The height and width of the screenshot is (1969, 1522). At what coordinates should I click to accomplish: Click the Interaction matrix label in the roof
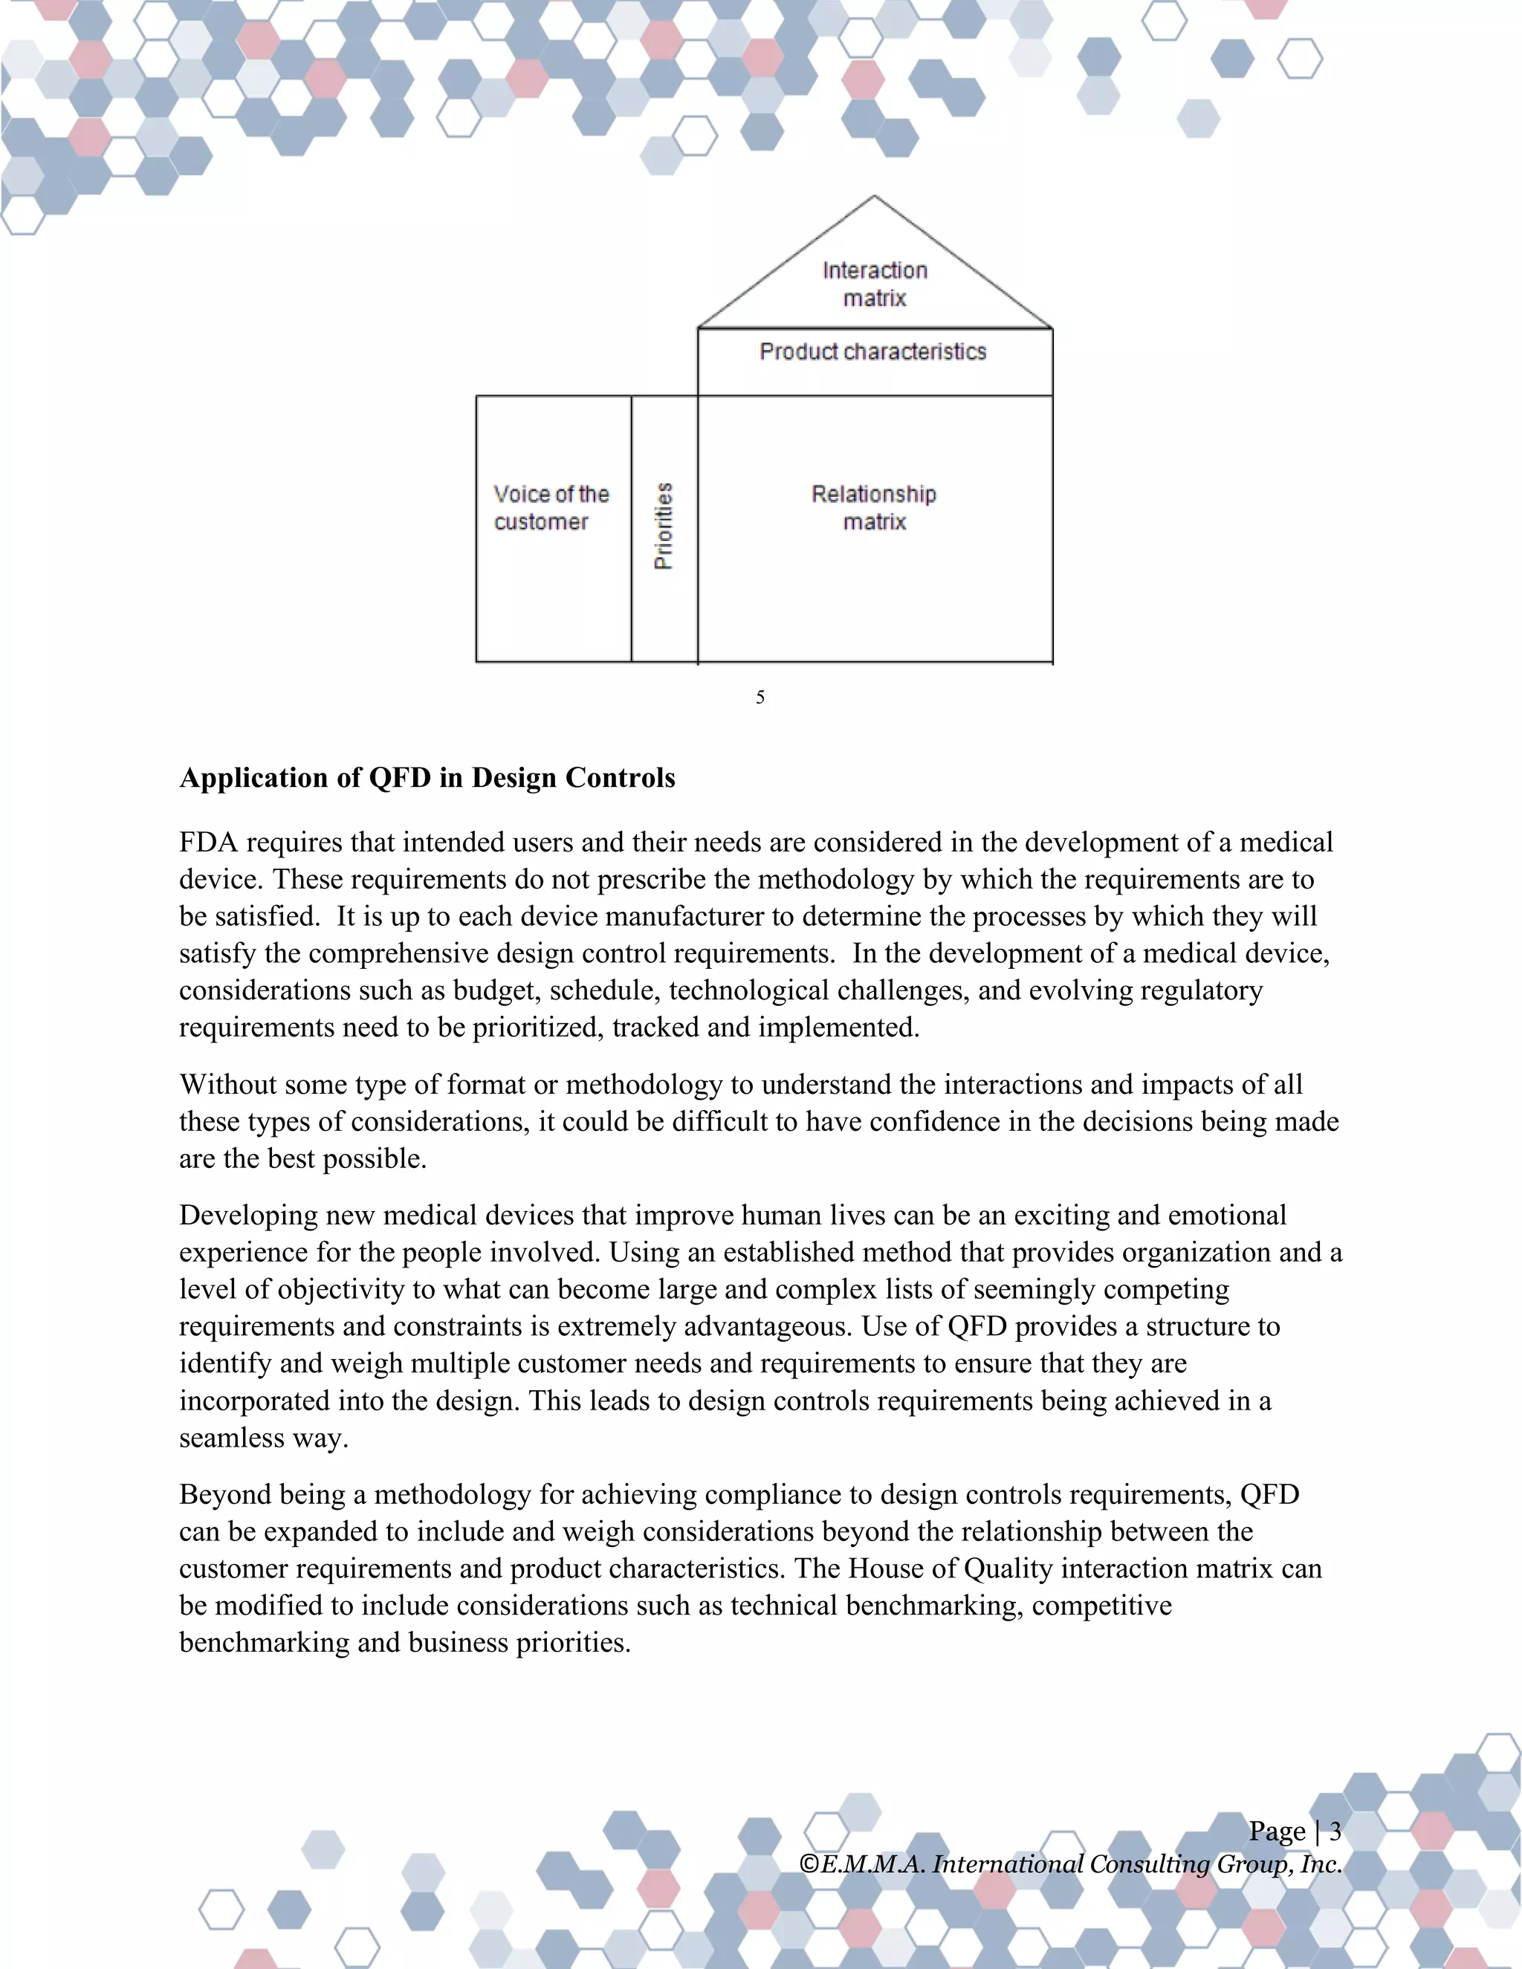874,283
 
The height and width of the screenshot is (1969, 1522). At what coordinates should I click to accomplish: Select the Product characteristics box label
872,351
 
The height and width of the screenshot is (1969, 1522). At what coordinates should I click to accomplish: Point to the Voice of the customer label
551,507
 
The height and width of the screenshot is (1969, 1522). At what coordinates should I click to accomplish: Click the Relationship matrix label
874,507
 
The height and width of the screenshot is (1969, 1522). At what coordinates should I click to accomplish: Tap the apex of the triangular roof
874,197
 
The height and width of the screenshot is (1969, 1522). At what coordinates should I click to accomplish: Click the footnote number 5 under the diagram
760,697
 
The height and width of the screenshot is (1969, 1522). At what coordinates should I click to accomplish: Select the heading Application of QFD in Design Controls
427,777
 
